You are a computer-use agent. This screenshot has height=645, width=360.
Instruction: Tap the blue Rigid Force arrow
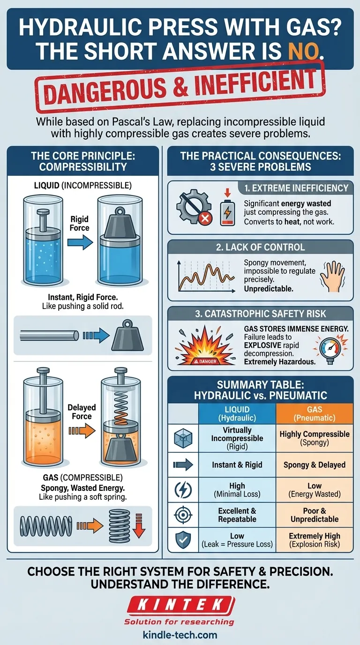coord(80,242)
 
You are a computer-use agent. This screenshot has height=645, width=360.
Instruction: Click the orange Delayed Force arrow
coord(82,431)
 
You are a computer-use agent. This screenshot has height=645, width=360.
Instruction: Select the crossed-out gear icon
coord(194,206)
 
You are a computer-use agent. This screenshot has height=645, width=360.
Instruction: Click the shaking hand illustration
coord(333,277)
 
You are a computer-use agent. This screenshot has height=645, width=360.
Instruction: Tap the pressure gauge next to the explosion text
coord(330,350)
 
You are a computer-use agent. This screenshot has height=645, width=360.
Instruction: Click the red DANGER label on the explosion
coord(205,361)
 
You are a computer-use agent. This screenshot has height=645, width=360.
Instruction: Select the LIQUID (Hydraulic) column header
coord(237,413)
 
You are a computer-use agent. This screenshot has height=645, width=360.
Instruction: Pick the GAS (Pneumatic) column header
coord(315,413)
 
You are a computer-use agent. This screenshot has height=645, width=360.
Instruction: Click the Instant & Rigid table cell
coord(237,465)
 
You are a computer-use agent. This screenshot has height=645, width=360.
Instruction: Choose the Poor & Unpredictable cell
coord(315,515)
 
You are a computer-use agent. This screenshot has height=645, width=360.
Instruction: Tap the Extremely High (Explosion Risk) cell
coord(315,540)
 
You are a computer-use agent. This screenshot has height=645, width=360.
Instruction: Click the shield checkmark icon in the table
coord(183,540)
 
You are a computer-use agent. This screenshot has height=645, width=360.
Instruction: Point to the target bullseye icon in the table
coord(183,515)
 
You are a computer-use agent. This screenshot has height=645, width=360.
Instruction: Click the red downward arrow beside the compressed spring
coord(139,525)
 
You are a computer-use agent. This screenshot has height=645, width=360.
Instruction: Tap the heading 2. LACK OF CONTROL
coord(260,247)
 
